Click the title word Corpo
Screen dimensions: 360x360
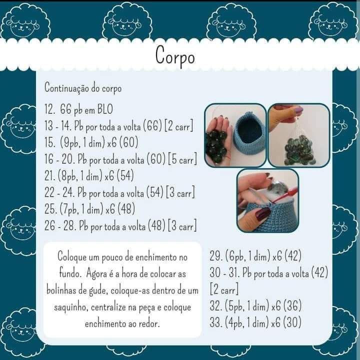tap(175, 56)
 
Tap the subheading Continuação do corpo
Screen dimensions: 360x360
tap(83, 88)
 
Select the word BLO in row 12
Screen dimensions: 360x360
tap(105, 109)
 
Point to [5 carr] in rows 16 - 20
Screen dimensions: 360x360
tap(183, 159)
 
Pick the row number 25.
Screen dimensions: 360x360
tap(51, 209)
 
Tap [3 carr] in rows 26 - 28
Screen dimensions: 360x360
tap(182, 226)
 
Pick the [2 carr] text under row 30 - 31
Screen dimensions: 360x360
tap(224, 290)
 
